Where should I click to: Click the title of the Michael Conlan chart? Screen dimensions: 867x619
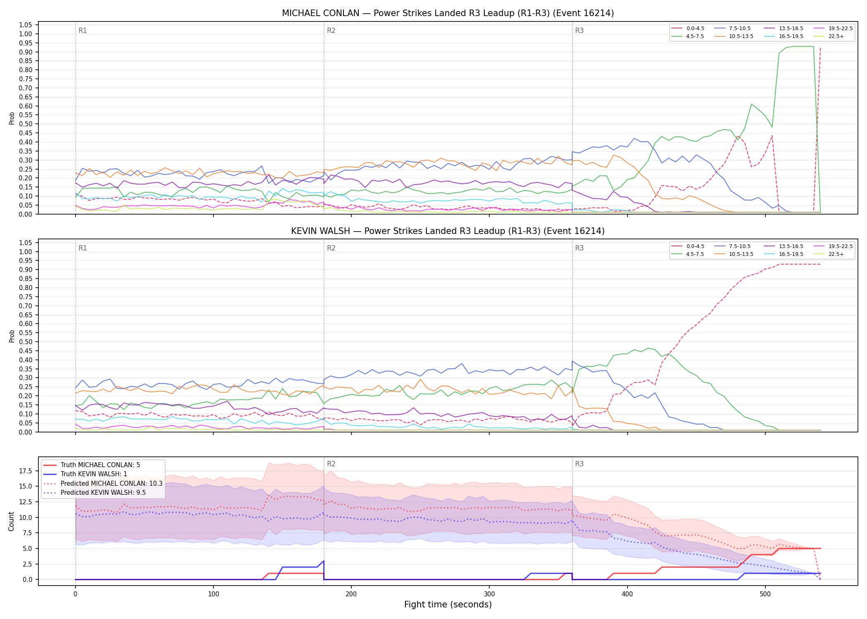click(448, 13)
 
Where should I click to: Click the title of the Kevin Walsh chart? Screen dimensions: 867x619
click(448, 231)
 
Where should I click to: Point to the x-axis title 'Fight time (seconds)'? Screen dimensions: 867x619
click(448, 605)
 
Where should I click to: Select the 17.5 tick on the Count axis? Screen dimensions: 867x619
click(26, 471)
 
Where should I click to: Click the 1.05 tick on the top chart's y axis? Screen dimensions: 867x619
click(26, 25)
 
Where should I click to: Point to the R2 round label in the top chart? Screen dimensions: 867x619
click(331, 31)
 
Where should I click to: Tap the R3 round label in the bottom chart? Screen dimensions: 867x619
click(579, 464)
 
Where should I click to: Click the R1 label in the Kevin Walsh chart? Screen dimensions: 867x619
click(83, 248)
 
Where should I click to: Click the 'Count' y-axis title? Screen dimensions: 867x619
click(11, 521)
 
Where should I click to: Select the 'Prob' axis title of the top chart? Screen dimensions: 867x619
click(12, 118)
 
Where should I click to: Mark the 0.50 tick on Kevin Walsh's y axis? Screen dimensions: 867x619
click(26, 342)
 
